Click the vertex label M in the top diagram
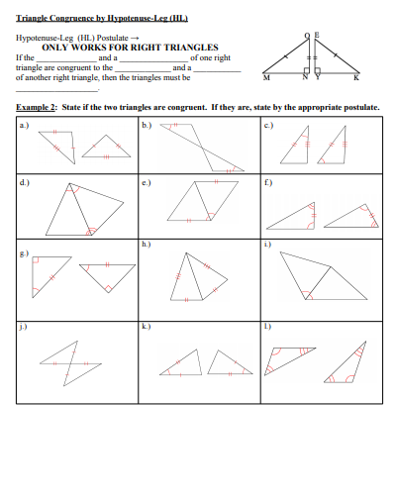pyautogui.click(x=266, y=78)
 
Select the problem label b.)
pyautogui.click(x=147, y=125)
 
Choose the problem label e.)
pyautogui.click(x=147, y=183)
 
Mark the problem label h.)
pyautogui.click(x=147, y=243)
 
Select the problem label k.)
pyautogui.click(x=147, y=325)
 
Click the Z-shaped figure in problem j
pyautogui.click(x=74, y=360)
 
